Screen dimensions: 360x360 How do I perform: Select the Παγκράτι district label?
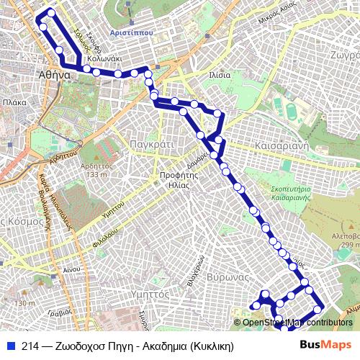coord(150,144)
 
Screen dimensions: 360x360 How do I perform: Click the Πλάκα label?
coord(14,103)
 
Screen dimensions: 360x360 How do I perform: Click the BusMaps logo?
coord(326,345)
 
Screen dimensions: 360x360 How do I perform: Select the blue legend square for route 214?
coord(9,346)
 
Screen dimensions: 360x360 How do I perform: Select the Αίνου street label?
coord(71,269)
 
